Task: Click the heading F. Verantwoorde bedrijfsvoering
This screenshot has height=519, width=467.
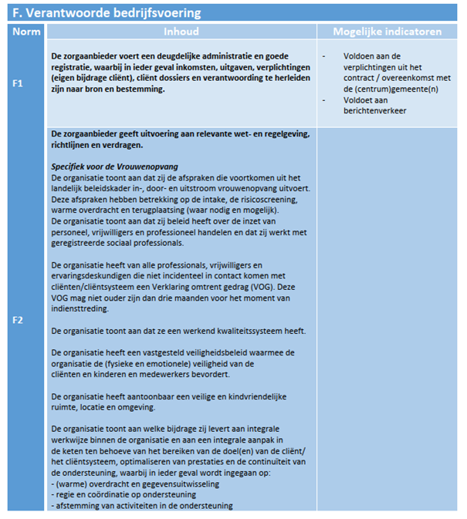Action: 107,13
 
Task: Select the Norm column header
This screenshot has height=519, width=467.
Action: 26,32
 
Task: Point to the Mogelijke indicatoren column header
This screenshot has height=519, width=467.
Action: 387,32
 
